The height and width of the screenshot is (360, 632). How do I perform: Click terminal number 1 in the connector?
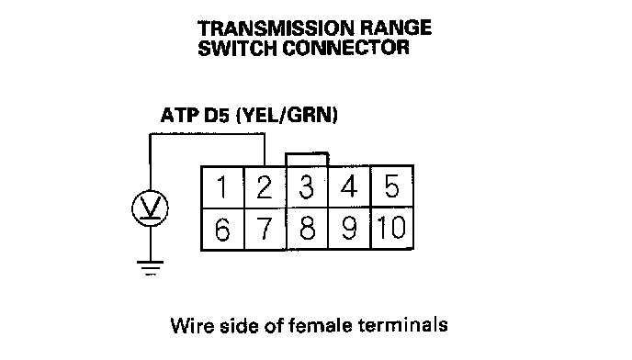223,187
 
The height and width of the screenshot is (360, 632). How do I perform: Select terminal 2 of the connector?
265,187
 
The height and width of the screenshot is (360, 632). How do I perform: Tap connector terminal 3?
307,187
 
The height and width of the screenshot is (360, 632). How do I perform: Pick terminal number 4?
349,187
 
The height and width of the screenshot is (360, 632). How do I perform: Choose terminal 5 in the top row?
391,187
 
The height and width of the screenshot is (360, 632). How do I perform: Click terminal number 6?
223,229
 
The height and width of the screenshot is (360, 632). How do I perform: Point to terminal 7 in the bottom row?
265,229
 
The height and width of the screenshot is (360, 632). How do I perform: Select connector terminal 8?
307,229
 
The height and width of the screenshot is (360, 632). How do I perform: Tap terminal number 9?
349,229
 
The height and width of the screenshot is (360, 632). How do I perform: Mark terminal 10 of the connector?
391,229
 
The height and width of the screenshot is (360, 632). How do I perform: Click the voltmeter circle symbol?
150,191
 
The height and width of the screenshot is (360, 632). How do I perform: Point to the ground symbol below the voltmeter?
150,268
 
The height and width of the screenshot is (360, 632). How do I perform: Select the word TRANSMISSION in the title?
276,28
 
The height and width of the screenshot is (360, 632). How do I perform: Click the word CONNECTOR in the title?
345,48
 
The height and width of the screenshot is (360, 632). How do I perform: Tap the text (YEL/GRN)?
287,116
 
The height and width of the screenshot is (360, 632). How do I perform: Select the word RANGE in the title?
395,28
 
